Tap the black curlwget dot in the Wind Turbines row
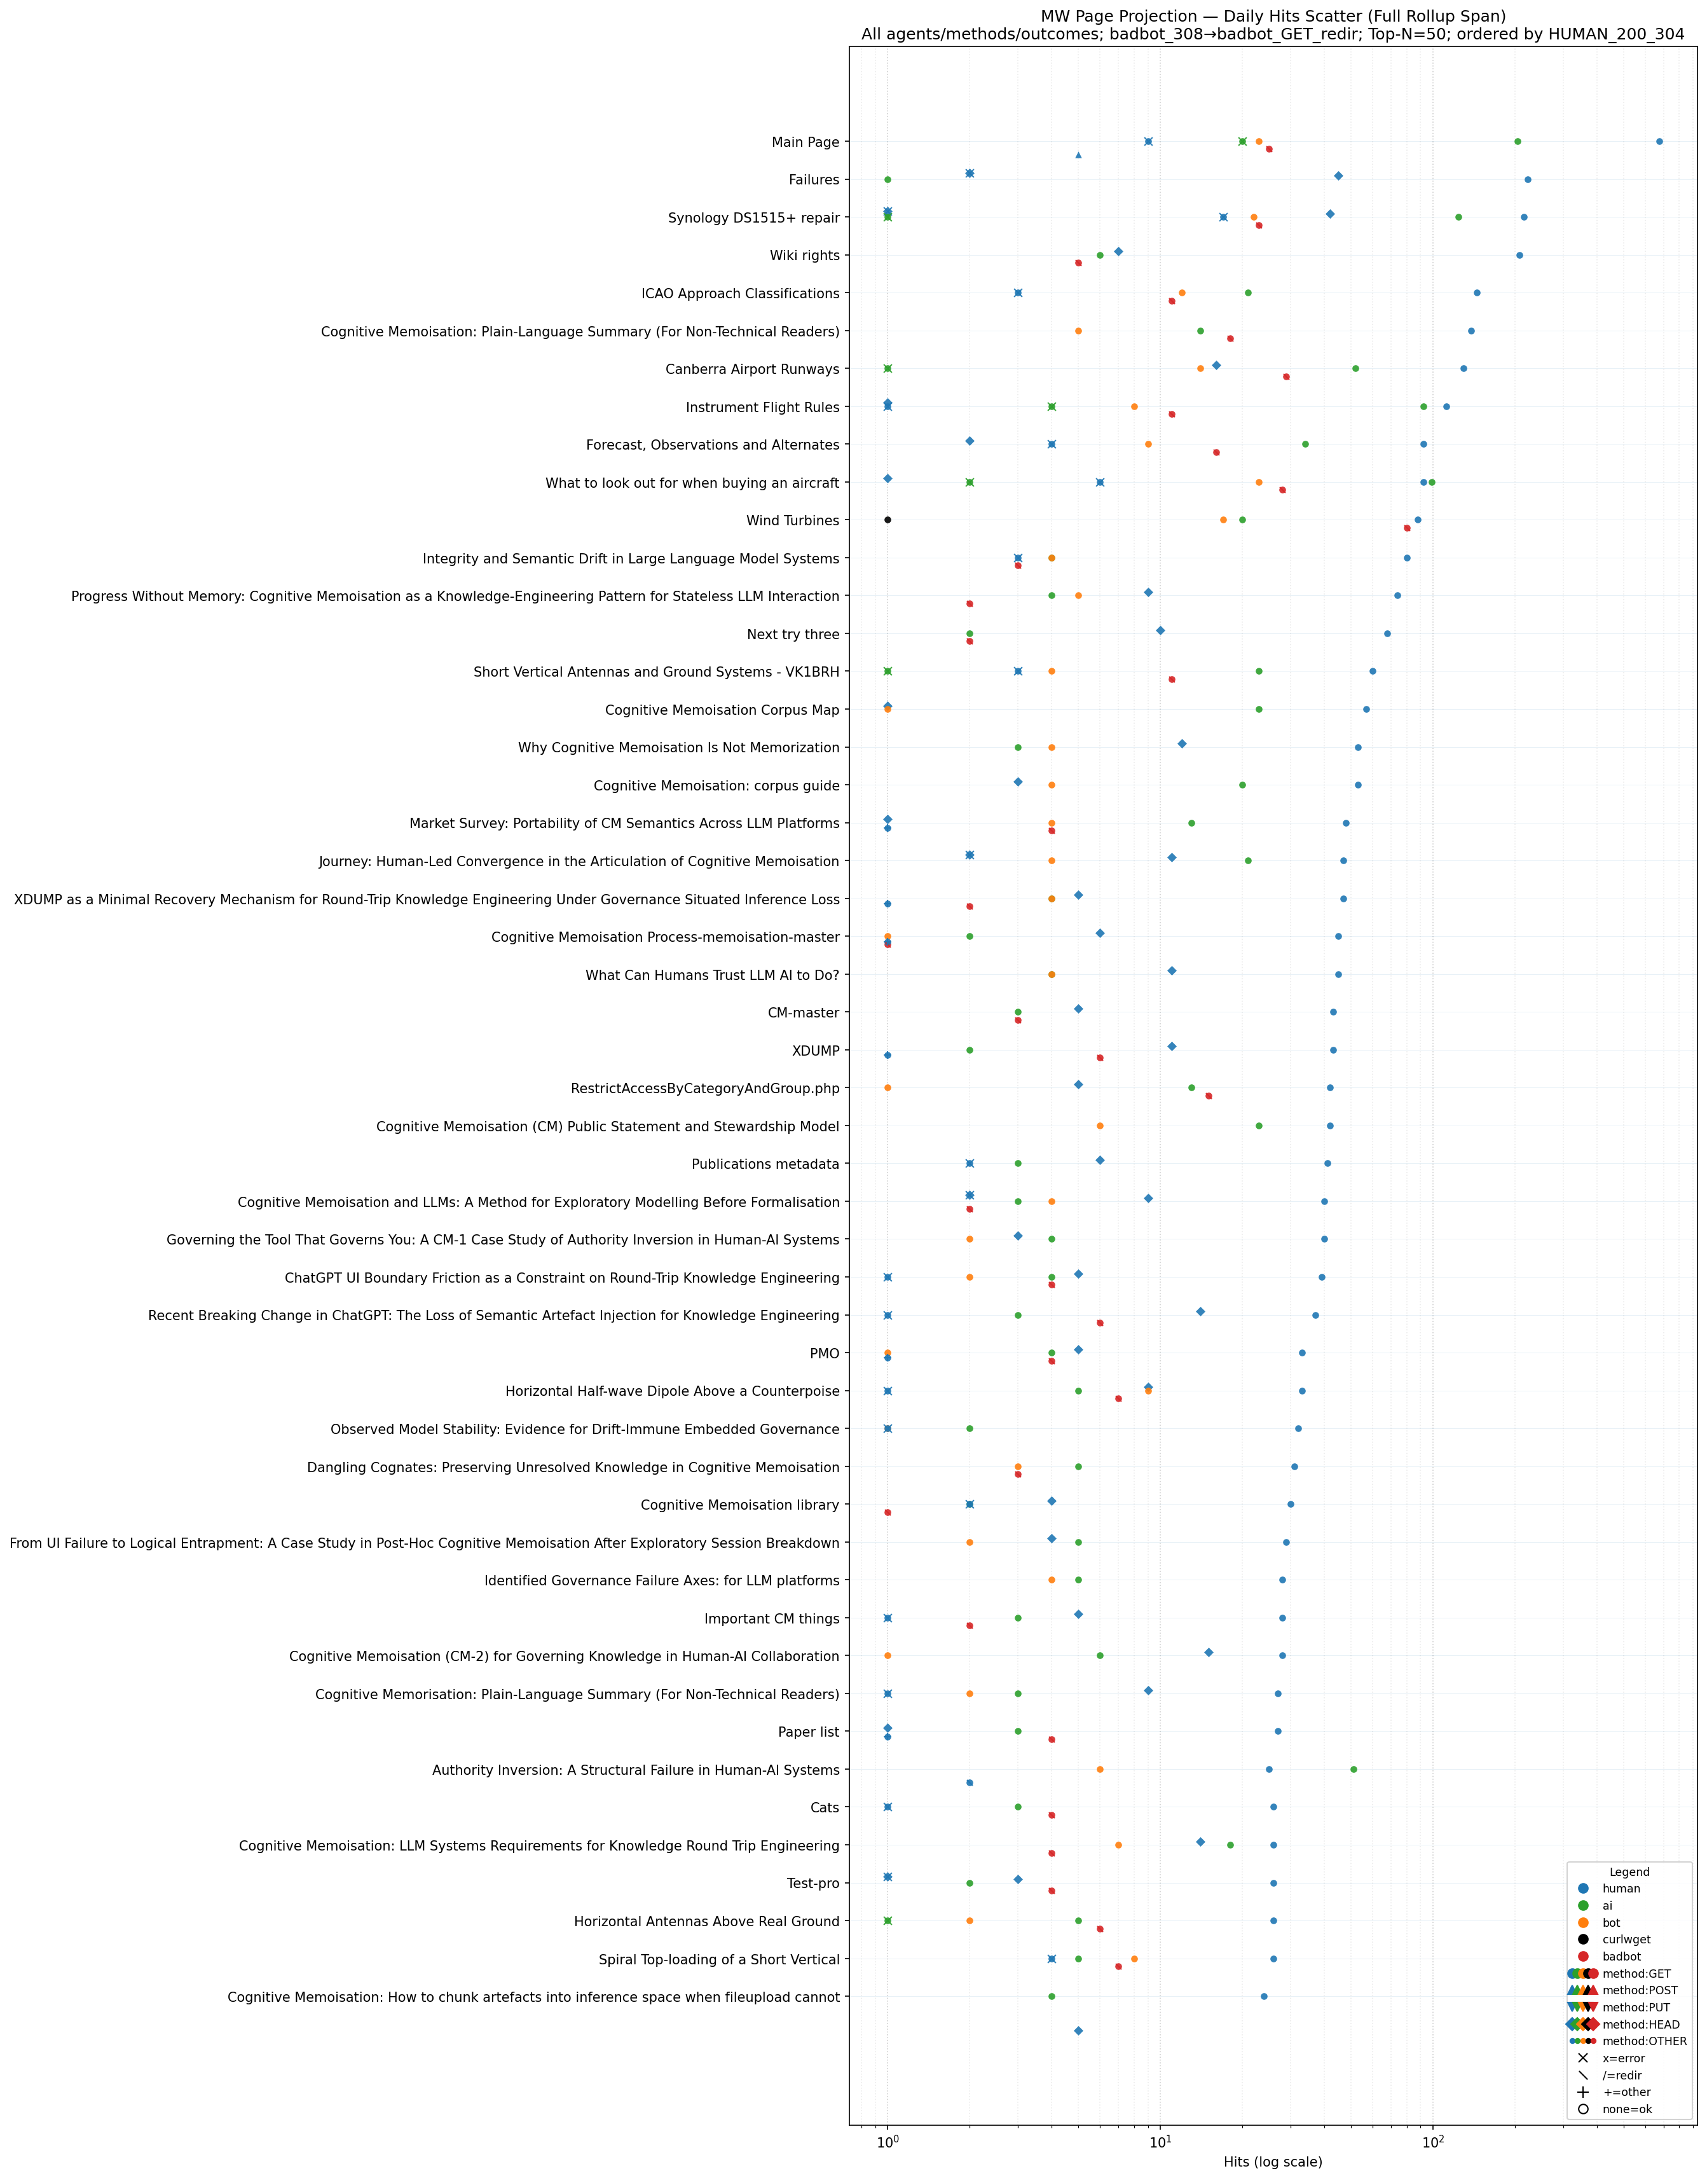click(888, 520)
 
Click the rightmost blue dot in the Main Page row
click(1659, 142)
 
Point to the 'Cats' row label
click(825, 1807)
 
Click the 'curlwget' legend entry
click(1626, 1939)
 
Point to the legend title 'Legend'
click(1629, 1872)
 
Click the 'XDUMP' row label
click(816, 1051)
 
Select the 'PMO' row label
click(825, 1353)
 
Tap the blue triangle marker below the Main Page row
click(1078, 155)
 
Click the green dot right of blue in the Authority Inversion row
click(1354, 1769)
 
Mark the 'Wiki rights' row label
click(804, 256)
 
